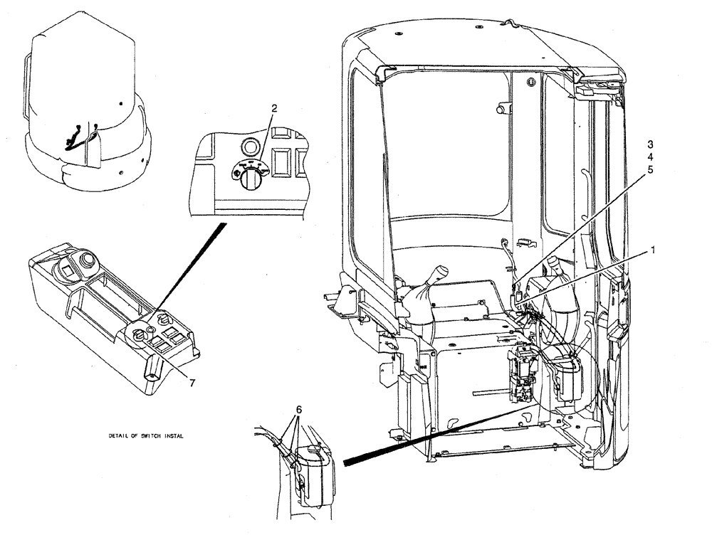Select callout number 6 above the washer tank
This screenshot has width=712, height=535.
pos(299,412)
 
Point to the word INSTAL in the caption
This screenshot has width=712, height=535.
pos(172,436)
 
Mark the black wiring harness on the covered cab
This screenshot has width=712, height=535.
pos(77,135)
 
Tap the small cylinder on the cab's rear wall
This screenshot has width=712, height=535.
pos(504,107)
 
